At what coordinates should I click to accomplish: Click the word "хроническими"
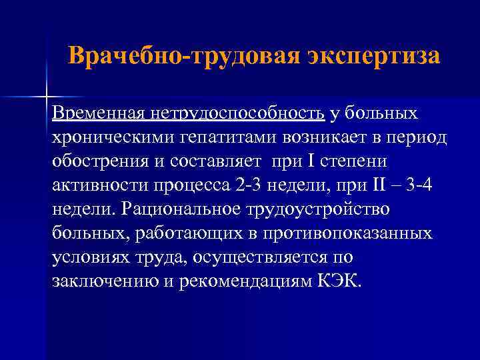point(110,137)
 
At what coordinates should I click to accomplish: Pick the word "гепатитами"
point(225,137)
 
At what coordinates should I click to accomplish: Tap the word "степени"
point(359,161)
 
